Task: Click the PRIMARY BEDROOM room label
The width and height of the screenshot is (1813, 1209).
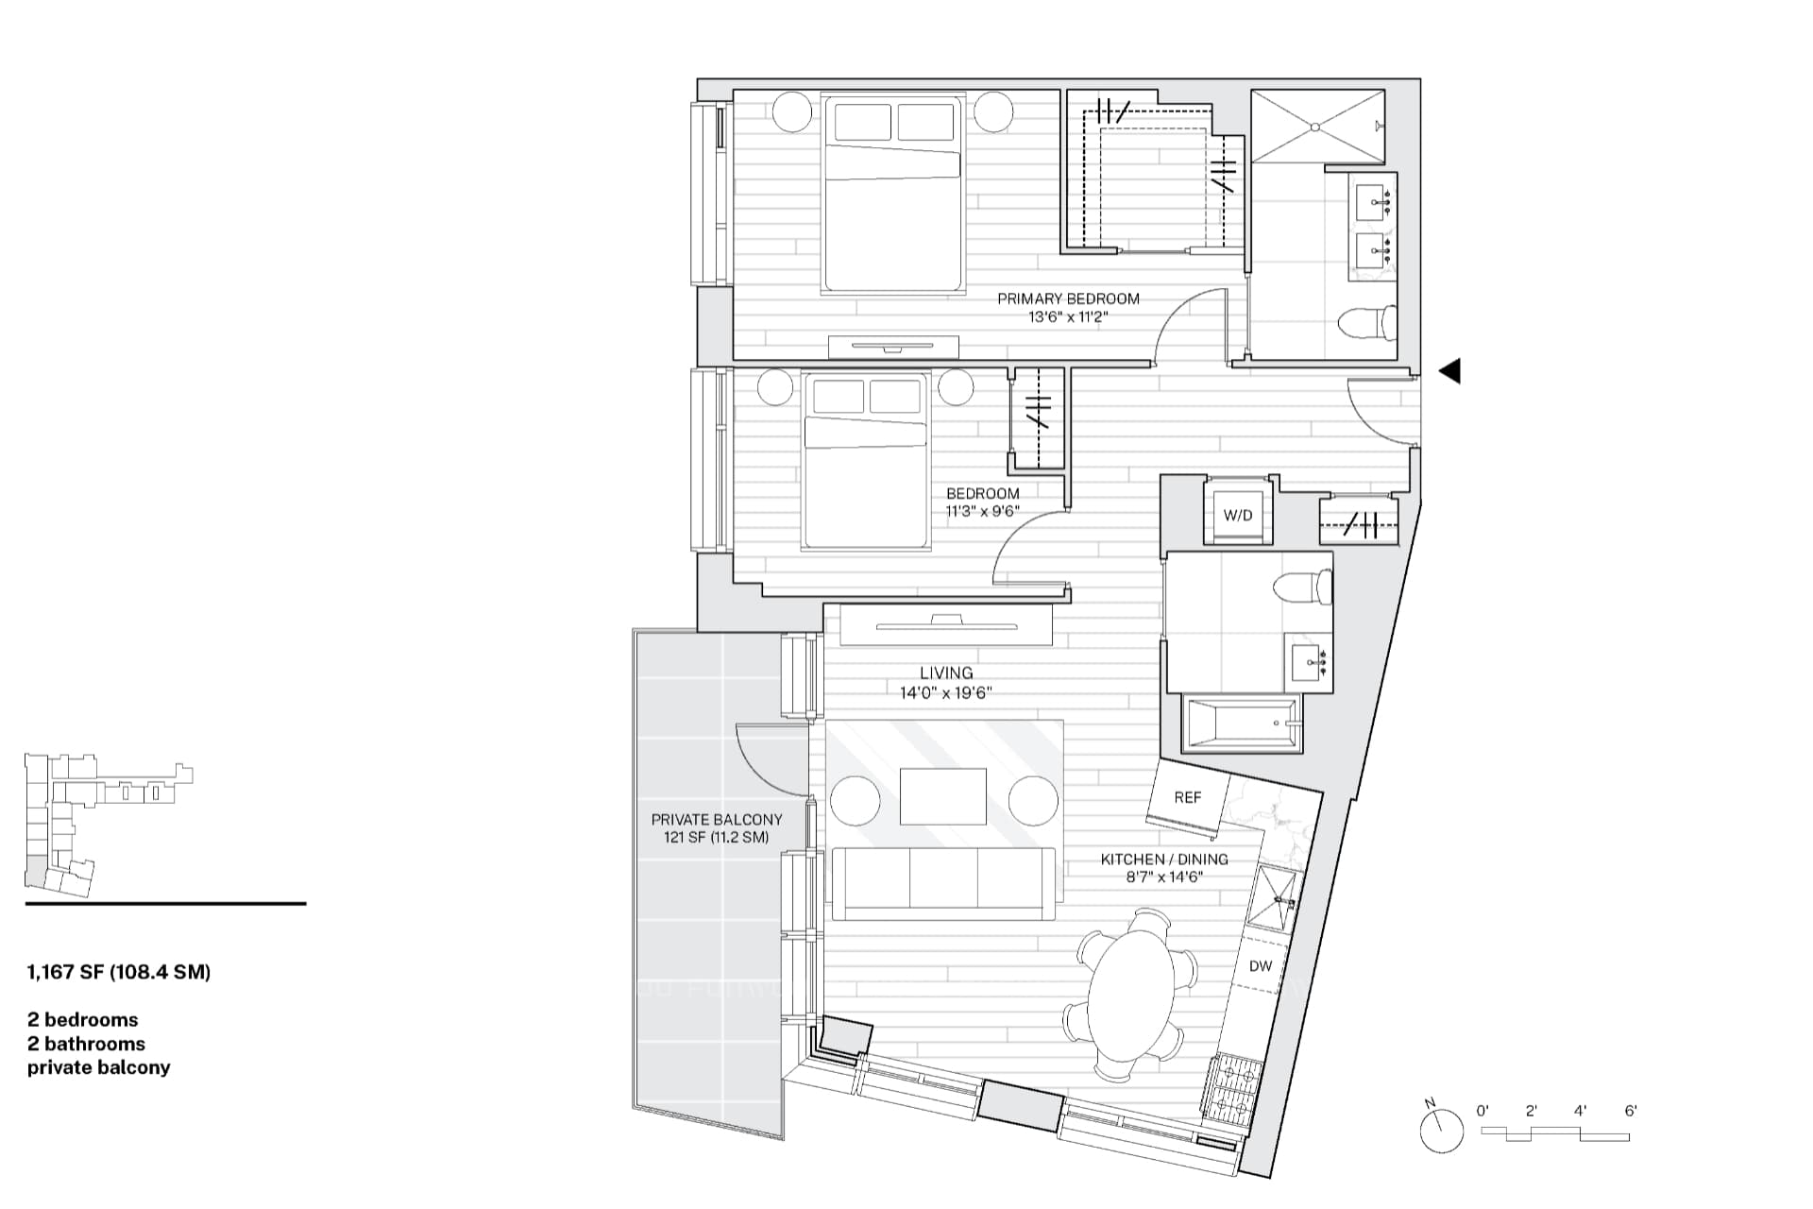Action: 1068,298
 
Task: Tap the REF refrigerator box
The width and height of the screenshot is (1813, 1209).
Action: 1189,802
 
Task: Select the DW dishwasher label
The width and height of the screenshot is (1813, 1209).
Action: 1261,966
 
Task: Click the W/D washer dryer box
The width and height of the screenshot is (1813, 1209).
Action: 1238,516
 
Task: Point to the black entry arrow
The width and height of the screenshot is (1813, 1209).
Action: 1449,371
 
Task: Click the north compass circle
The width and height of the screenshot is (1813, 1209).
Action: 1441,1130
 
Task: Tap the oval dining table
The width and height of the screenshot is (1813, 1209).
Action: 1130,992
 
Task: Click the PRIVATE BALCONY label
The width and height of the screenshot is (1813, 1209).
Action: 717,820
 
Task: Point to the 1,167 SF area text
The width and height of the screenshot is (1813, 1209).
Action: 119,972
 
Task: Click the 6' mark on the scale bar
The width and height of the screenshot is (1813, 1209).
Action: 1631,1112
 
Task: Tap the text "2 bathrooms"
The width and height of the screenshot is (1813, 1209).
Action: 86,1044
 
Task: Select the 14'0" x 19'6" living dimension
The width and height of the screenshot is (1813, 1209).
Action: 945,693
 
